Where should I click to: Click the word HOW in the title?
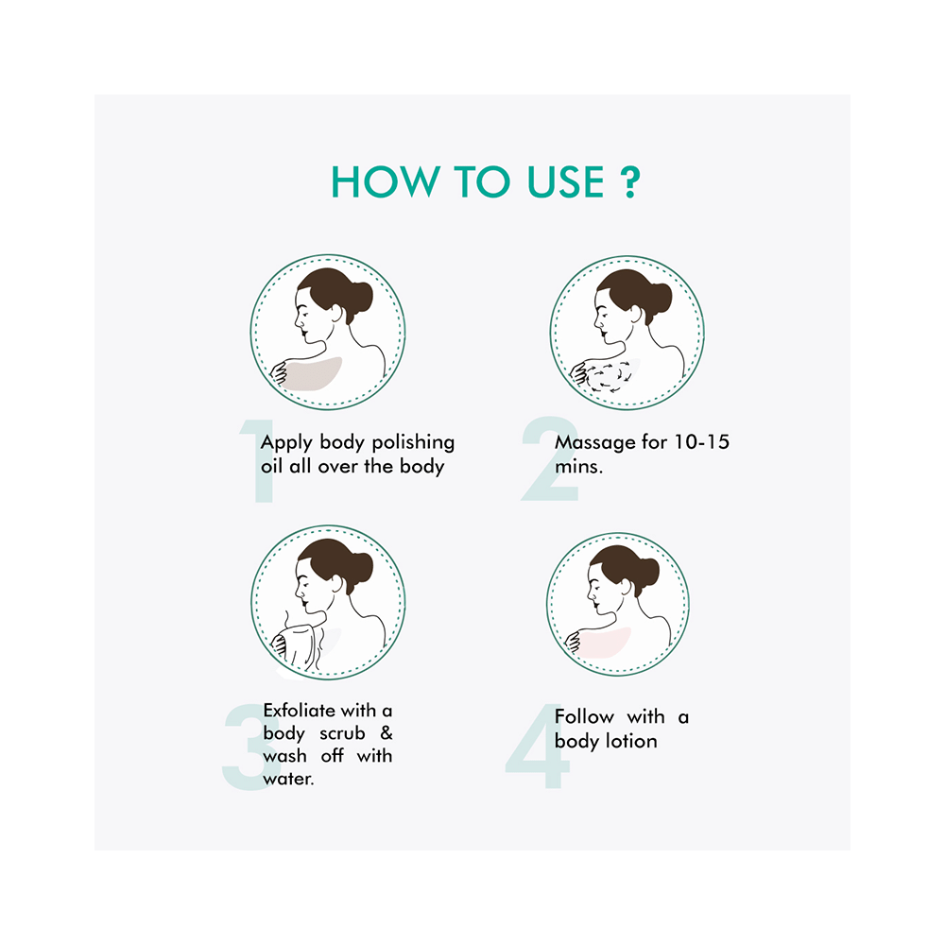[377, 181]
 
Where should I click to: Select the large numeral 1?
[258, 463]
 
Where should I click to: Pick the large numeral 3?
[246, 747]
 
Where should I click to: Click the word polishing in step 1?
[414, 442]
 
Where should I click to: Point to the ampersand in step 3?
[386, 733]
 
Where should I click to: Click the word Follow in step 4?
[585, 717]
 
